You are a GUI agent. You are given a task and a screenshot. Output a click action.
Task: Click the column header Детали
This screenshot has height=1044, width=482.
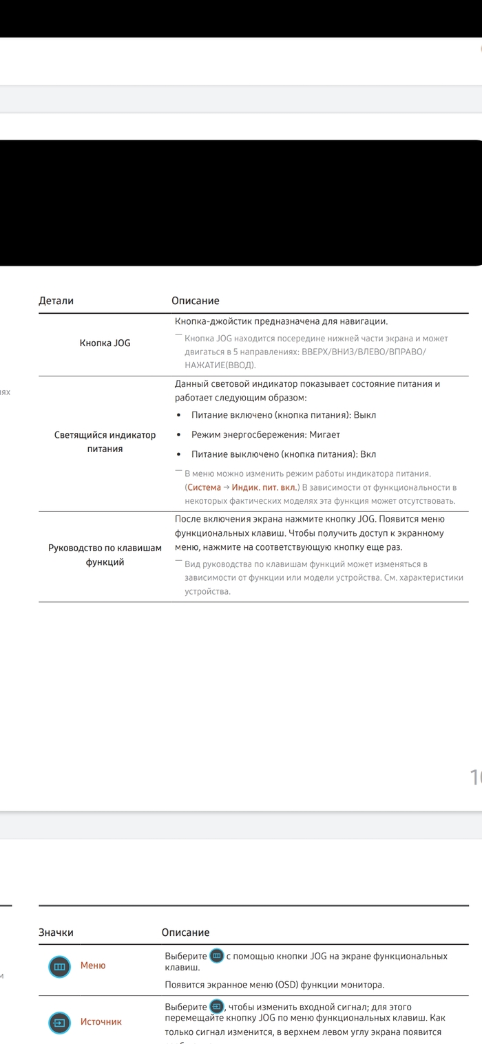tap(56, 301)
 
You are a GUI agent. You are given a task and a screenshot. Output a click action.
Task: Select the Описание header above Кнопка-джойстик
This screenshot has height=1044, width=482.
tap(195, 301)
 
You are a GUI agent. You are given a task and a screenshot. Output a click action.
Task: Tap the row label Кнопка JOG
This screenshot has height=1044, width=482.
tap(105, 343)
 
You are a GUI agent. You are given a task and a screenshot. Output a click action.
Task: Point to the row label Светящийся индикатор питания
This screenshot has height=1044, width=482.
tap(105, 442)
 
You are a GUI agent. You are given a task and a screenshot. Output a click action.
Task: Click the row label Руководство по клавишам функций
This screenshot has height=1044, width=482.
tap(105, 555)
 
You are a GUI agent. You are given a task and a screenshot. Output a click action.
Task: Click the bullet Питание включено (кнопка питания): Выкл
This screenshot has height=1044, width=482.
tap(283, 415)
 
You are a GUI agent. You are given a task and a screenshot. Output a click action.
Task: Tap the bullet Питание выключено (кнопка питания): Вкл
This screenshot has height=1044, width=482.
tap(283, 454)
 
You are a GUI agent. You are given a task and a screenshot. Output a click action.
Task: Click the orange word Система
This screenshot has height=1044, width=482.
tap(204, 487)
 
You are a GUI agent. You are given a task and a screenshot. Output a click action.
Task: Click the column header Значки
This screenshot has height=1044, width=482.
tap(56, 933)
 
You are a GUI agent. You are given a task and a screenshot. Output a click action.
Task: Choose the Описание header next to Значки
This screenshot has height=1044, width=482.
tap(185, 933)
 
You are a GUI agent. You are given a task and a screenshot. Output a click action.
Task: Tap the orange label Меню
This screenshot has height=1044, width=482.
tap(93, 966)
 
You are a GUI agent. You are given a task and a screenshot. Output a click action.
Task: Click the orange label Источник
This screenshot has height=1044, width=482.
tap(101, 1022)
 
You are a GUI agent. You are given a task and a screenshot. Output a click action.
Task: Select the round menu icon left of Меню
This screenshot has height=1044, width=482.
tap(60, 967)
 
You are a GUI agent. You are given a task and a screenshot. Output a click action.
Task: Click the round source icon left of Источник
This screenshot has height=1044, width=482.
tap(60, 1023)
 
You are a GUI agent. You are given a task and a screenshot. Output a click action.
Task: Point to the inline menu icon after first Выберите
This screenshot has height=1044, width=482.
tap(217, 956)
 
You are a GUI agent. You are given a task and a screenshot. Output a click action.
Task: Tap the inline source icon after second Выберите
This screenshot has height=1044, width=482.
tap(217, 1007)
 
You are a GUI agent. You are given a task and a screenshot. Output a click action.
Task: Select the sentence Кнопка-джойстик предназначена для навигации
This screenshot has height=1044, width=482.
tap(281, 321)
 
